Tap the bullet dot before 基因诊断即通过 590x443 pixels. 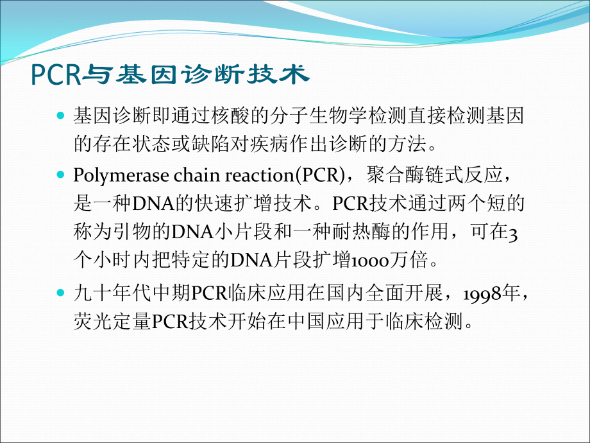coord(61,117)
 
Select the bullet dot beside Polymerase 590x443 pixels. coord(61,175)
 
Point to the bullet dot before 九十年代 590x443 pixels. coord(61,293)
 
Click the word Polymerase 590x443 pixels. coord(110,175)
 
